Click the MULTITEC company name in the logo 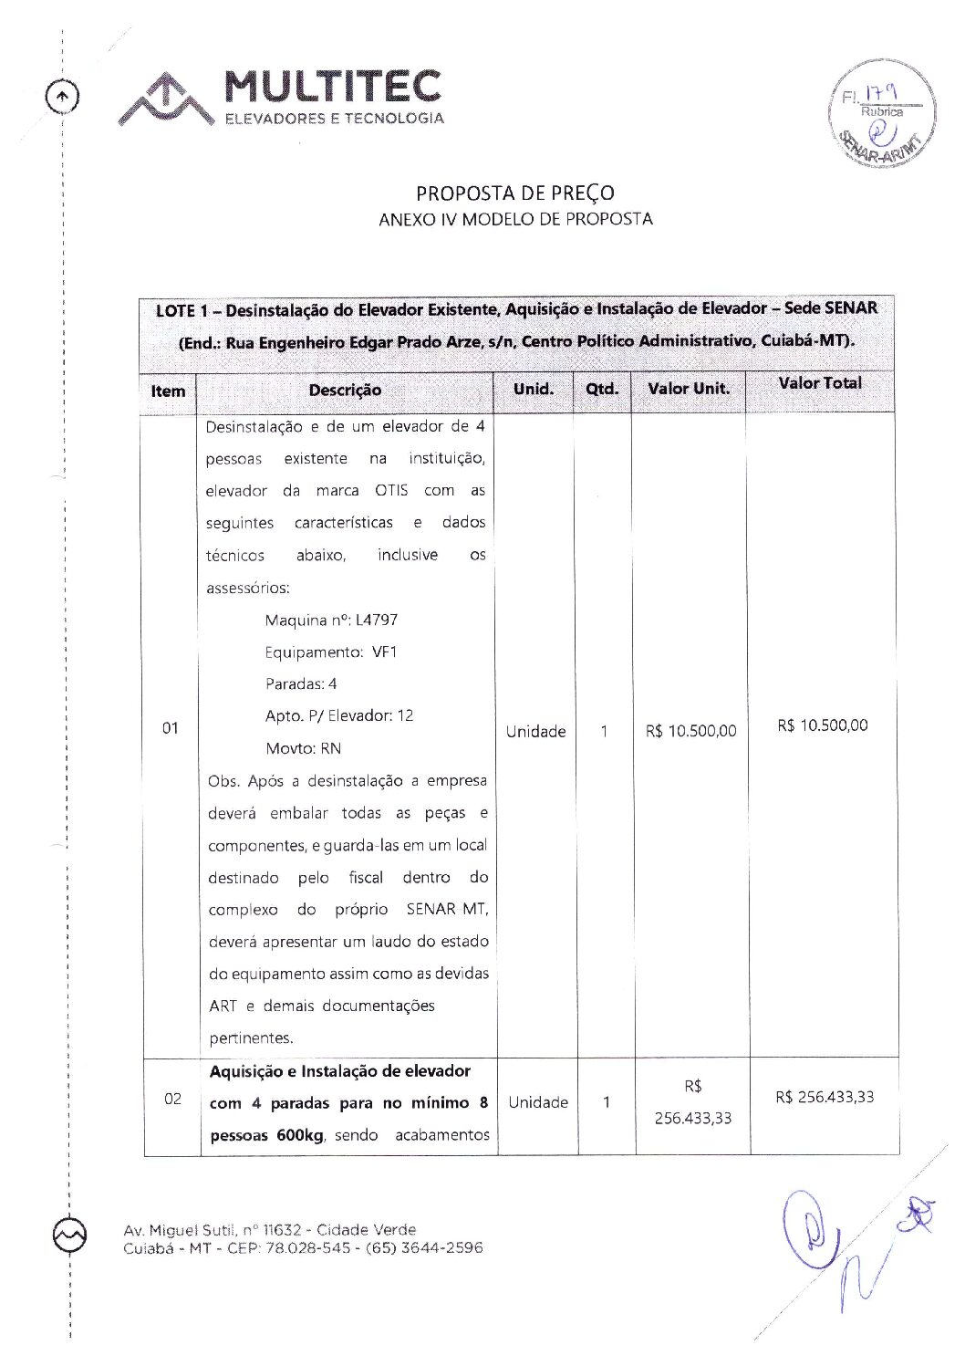pos(333,87)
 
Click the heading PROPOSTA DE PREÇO pos(515,193)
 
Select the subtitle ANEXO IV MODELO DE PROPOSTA pos(515,219)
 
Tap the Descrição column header pos(345,391)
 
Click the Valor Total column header pos(819,383)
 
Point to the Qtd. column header pos(602,389)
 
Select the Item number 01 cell pos(171,728)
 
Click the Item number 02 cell pos(172,1099)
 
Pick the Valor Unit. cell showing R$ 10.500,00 pos(690,731)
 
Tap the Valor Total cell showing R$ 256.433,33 pos(825,1097)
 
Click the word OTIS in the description pos(391,491)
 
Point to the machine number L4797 pos(376,620)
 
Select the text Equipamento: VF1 pos(331,652)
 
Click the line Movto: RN pos(303,749)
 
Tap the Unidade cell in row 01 pos(535,731)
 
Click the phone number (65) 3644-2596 pos(424,1247)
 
